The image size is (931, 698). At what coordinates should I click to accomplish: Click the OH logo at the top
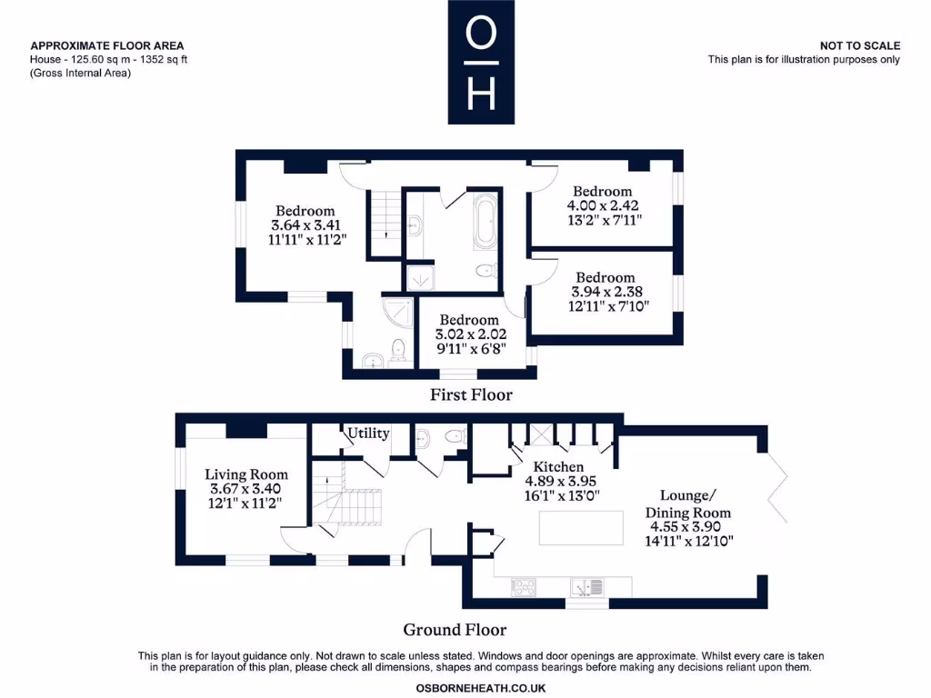(481, 62)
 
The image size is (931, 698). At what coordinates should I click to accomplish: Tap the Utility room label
(368, 434)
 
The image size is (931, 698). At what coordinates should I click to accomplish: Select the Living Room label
(246, 474)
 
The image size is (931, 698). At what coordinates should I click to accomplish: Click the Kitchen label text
(558, 467)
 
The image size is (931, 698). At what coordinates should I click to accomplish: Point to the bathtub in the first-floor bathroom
(485, 221)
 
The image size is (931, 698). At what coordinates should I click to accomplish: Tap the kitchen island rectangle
(581, 528)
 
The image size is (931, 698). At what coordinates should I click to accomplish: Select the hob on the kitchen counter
(524, 588)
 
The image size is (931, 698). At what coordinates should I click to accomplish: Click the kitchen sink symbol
(587, 588)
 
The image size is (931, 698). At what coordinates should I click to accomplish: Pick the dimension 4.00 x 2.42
(603, 206)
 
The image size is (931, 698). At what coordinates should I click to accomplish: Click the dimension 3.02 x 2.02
(471, 334)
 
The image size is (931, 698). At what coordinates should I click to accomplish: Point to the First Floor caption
(472, 394)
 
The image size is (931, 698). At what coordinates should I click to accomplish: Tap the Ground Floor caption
(455, 630)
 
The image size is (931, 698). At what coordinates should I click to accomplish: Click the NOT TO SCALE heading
(860, 45)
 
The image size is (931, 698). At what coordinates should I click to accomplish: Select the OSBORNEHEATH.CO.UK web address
(481, 689)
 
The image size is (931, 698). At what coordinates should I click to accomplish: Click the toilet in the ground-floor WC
(456, 436)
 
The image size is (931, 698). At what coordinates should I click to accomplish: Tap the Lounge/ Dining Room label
(688, 504)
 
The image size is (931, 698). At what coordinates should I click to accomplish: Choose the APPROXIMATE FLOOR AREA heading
(107, 45)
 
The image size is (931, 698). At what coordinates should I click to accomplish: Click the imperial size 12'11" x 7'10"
(608, 306)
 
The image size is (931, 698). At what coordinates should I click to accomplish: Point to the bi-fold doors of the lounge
(776, 488)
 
